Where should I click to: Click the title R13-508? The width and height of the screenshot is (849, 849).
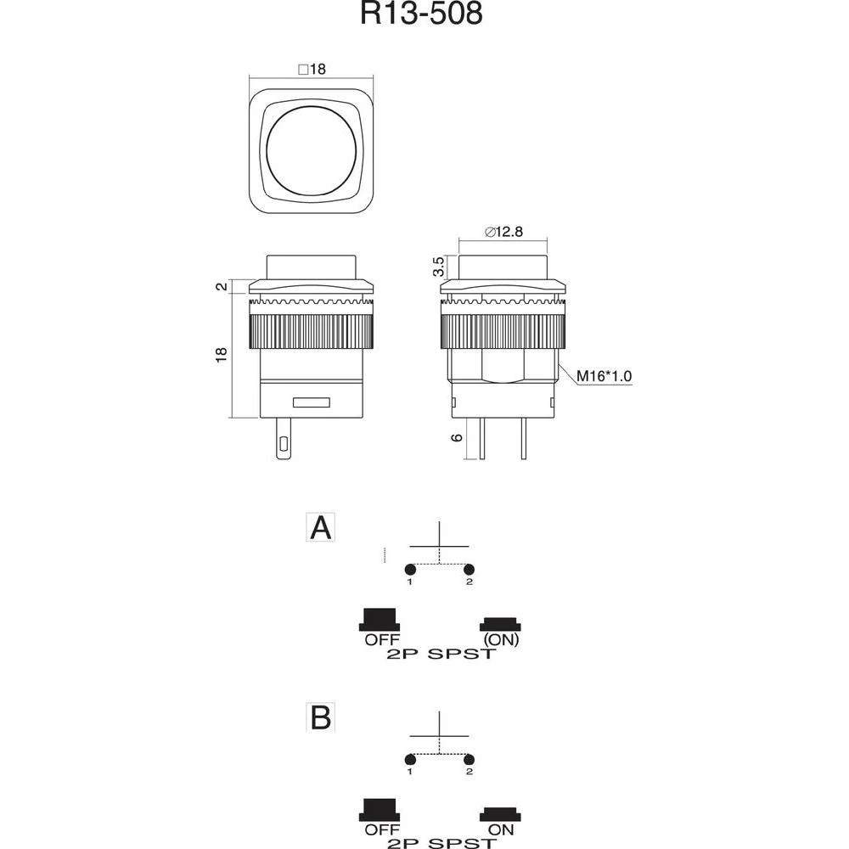422,15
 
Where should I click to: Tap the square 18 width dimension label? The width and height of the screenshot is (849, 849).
313,70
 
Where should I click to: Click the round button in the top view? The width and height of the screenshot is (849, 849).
312,153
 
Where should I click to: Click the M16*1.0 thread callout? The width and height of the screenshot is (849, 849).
604,376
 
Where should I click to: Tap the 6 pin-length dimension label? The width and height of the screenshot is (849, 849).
457,437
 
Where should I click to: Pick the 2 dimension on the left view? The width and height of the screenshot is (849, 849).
222,287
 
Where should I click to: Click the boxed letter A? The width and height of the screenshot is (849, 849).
321,528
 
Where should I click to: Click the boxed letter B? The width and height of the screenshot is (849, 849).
321,718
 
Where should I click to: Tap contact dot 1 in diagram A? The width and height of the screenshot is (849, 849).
409,569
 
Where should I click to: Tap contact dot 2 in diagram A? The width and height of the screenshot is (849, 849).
469,569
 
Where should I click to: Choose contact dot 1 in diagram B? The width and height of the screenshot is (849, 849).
409,758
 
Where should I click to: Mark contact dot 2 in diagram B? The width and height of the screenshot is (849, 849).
469,758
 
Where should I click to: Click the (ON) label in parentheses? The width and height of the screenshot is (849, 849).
500,640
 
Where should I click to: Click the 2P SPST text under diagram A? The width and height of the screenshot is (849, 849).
439,655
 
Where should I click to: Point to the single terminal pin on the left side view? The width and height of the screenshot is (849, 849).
282,440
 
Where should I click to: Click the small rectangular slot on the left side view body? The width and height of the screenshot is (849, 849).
312,402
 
